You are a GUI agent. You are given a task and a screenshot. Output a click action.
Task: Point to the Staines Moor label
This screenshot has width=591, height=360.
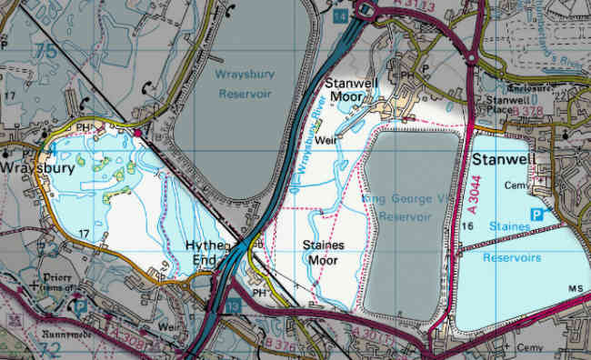pos(320,252)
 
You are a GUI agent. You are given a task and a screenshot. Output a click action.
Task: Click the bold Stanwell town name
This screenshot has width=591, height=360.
pos(502,160)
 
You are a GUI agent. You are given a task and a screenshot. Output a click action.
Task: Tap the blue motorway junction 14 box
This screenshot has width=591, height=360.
pos(339,15)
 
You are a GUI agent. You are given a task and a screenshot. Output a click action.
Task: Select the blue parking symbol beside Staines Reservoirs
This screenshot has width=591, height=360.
pos(537,215)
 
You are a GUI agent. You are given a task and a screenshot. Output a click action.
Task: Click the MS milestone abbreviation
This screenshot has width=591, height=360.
pos(575,288)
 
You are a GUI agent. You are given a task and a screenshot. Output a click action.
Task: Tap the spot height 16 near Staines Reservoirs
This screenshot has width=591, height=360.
pos(468,225)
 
